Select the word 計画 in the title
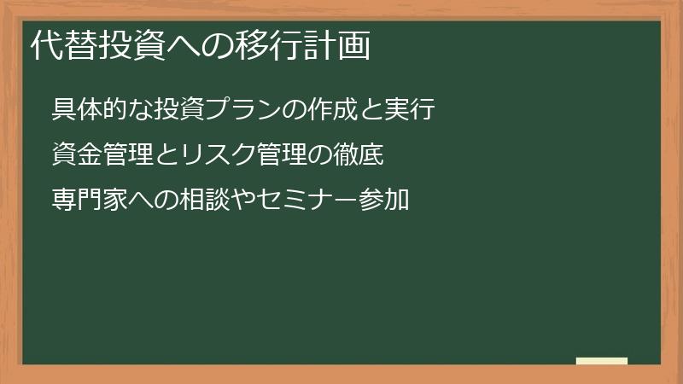(x=341, y=46)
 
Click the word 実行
(x=412, y=110)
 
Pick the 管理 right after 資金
(x=129, y=155)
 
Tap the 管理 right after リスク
(x=283, y=155)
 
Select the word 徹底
(x=360, y=155)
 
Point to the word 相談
(x=207, y=201)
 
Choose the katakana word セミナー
(x=309, y=201)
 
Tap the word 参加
(x=385, y=201)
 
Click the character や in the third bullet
(x=244, y=201)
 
